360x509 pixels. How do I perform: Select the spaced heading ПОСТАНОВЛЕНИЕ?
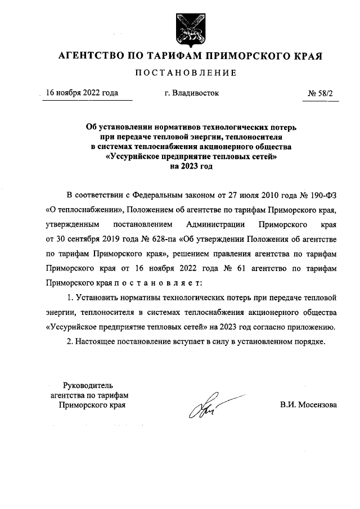pyautogui.click(x=185, y=73)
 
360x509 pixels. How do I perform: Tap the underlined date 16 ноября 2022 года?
pyautogui.click(x=82, y=93)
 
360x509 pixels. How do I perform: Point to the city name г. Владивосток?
pyautogui.click(x=188, y=93)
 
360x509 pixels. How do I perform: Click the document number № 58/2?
pyautogui.click(x=320, y=93)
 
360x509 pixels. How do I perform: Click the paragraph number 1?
pyautogui.click(x=70, y=298)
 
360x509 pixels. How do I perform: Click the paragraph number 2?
pyautogui.click(x=70, y=341)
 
